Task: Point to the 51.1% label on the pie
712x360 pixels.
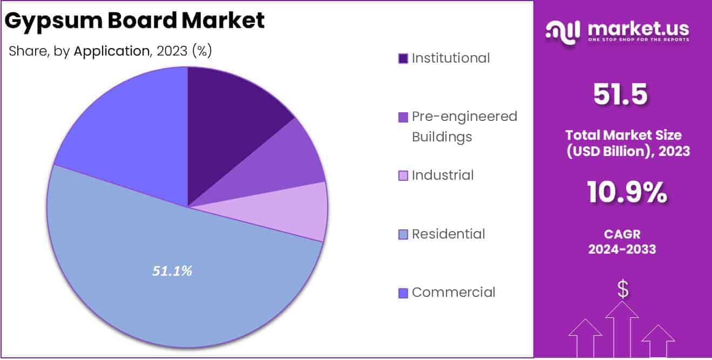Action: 172,271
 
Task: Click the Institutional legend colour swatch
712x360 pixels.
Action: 403,58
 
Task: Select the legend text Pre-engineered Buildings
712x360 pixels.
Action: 464,126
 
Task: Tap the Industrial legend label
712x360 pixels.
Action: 443,175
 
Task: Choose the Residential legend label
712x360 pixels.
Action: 448,234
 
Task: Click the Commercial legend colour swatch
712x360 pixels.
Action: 403,293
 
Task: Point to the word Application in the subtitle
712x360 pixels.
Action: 111,51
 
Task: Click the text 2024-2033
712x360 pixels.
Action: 622,249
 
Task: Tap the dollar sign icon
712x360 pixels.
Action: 623,290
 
